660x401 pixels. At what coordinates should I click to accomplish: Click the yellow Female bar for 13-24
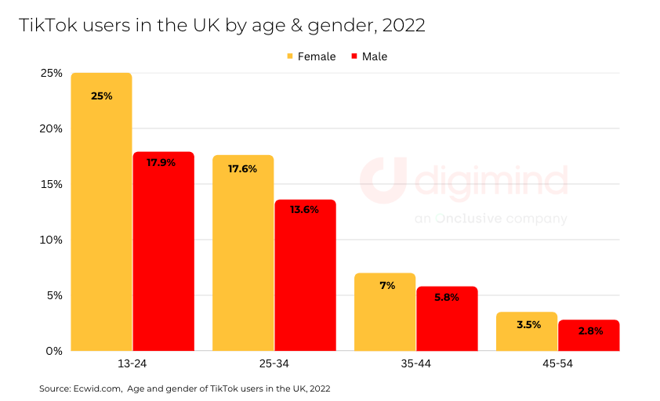pyautogui.click(x=101, y=211)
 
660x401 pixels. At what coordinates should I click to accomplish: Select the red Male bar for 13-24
pyautogui.click(x=163, y=251)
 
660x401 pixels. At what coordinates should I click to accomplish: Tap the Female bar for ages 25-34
pyautogui.click(x=243, y=252)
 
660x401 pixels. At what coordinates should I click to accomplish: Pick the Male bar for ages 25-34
pyautogui.click(x=305, y=275)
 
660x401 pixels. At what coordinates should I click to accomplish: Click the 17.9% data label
pyautogui.click(x=161, y=163)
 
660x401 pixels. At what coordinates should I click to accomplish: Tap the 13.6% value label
pyautogui.click(x=304, y=210)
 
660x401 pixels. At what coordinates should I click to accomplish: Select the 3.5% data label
pyautogui.click(x=528, y=324)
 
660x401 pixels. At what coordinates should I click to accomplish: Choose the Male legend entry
pyautogui.click(x=369, y=56)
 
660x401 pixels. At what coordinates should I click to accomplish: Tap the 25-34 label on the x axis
pyautogui.click(x=274, y=364)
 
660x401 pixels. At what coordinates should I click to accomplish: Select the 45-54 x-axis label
pyautogui.click(x=557, y=364)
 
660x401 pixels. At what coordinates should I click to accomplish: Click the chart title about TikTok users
pyautogui.click(x=222, y=25)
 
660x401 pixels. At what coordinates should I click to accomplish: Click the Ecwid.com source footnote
pyautogui.click(x=184, y=388)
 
